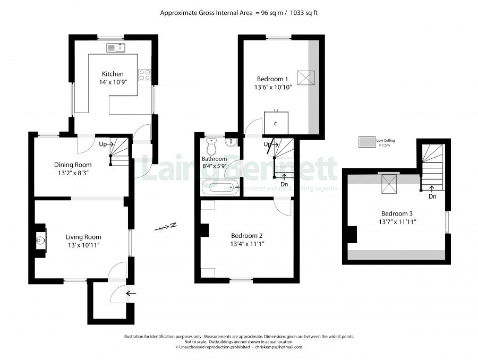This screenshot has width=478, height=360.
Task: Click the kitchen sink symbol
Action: click(116, 48)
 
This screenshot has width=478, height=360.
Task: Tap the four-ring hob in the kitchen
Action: click(144, 75)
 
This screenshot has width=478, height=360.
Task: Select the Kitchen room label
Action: click(113, 74)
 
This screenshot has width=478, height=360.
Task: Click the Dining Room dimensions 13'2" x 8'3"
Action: click(73, 173)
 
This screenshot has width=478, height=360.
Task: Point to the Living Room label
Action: click(83, 237)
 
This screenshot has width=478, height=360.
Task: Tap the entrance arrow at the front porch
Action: click(131, 294)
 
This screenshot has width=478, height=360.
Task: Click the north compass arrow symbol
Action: click(166, 227)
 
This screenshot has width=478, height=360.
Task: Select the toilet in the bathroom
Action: click(211, 147)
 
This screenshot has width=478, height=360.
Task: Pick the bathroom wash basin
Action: click(232, 142)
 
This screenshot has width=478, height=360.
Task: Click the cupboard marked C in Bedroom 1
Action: click(276, 123)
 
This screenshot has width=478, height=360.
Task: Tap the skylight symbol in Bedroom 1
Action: click(306, 78)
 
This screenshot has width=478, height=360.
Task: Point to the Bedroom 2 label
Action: click(246, 236)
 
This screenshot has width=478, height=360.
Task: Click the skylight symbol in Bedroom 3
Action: click(389, 184)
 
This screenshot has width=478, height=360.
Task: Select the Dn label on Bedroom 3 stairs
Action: click(432, 196)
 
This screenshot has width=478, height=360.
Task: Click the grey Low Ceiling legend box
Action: click(366, 142)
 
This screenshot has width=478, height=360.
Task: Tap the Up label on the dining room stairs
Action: click(103, 144)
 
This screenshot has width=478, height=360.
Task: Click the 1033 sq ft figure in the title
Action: click(304, 13)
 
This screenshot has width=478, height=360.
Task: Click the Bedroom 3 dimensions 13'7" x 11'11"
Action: click(397, 222)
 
